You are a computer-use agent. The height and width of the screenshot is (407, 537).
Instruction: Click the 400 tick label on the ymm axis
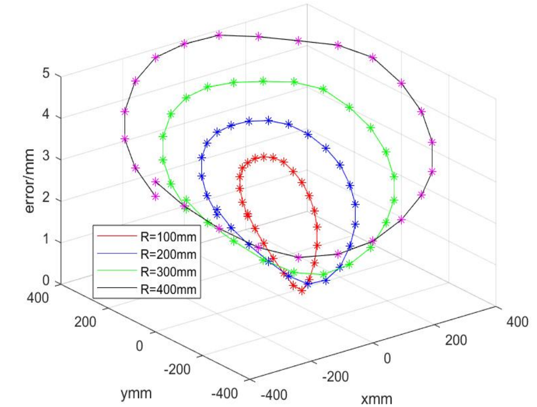[x=38, y=298]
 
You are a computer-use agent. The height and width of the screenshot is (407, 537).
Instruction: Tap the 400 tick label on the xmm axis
[x=518, y=322]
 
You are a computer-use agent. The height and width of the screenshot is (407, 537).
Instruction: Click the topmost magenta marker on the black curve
[x=219, y=35]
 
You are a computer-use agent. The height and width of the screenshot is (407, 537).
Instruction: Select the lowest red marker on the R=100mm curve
[x=302, y=290]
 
